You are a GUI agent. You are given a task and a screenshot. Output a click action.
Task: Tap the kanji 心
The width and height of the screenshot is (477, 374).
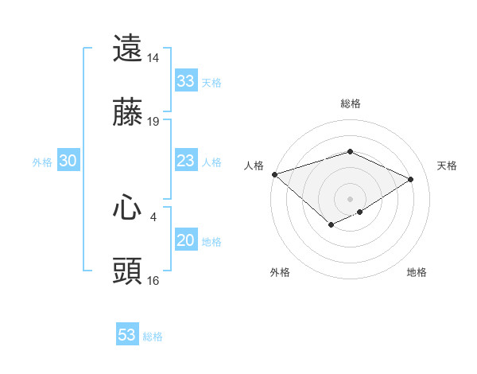coord(128,207)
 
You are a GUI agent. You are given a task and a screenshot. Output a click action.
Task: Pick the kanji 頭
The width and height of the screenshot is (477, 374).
coord(128,271)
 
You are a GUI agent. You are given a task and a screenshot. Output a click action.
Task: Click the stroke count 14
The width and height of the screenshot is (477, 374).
coord(153,58)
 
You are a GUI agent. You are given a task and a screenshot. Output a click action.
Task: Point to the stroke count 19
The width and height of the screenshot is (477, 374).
coord(153,122)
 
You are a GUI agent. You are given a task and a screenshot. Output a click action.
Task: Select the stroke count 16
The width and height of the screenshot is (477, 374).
coord(153,281)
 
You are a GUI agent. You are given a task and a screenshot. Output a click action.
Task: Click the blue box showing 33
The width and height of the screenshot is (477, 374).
coord(185,81)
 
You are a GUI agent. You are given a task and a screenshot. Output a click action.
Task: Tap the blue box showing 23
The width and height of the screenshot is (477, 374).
coord(185,162)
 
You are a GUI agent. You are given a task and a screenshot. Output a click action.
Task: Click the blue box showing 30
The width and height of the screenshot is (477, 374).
coord(68,161)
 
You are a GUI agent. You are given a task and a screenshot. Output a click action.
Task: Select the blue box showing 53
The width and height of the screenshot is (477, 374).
coord(127,335)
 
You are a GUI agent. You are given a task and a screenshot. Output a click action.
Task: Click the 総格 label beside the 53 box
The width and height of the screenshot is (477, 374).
coord(153,337)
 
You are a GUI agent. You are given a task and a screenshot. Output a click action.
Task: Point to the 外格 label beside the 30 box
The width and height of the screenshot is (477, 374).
coord(42,162)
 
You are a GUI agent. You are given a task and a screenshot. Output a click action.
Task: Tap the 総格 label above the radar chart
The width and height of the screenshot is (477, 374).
coord(350,103)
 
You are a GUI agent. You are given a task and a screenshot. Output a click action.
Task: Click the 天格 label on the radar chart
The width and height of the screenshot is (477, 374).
coord(447,166)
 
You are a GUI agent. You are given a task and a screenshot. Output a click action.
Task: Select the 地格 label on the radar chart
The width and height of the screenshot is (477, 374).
coord(417,272)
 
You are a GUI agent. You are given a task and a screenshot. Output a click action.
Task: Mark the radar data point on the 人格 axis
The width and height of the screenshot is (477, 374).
coord(274,174)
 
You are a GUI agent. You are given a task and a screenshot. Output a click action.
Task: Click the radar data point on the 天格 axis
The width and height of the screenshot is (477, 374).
coord(410,179)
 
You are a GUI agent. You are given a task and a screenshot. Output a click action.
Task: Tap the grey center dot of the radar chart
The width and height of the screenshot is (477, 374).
coord(350,199)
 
